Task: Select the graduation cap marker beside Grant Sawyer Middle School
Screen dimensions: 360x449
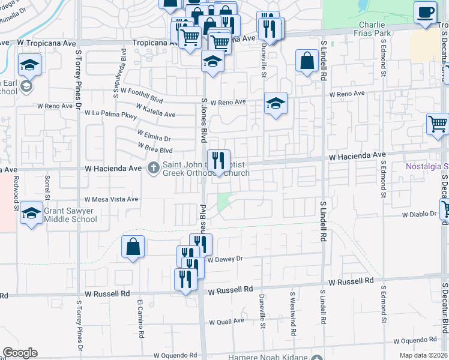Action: tap(31, 214)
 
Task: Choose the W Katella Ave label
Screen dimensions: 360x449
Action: tap(155, 110)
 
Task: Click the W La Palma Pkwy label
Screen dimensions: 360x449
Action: tap(110, 113)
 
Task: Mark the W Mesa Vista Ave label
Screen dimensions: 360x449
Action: tap(111, 199)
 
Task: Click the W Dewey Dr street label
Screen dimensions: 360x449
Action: tap(224, 259)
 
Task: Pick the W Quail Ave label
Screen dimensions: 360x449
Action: tap(226, 320)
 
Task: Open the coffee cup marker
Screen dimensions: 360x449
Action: tap(425, 13)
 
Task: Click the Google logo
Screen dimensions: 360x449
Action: tap(20, 353)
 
